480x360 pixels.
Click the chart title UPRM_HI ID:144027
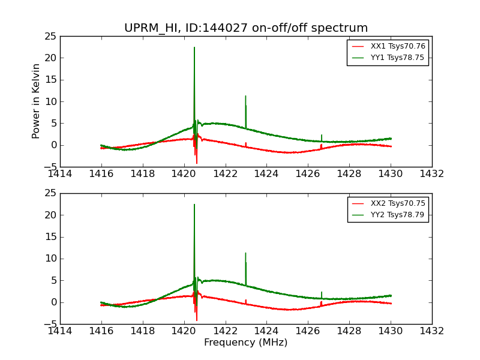(245, 28)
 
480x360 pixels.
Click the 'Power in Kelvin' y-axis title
(37, 101)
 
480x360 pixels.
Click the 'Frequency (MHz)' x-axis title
(245, 343)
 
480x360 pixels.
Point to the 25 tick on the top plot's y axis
(50, 37)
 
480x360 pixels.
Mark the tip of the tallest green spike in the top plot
(194, 47)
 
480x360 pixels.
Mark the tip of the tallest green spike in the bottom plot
(194, 205)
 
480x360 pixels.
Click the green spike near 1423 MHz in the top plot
(245, 96)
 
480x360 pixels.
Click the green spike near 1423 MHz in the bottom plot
(245, 253)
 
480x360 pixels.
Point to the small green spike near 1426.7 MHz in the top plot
(322, 135)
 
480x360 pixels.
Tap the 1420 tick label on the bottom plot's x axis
(184, 331)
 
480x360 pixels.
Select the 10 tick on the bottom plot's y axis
(50, 259)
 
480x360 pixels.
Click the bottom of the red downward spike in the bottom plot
(196, 320)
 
